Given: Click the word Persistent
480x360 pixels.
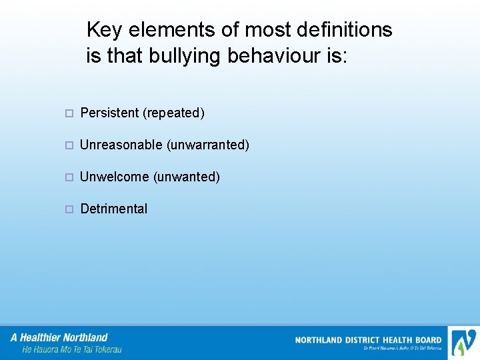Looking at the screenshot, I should pyautogui.click(x=109, y=113).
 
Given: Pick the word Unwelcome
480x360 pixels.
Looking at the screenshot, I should pyautogui.click(x=114, y=177).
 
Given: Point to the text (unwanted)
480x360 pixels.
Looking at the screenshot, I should pyautogui.click(x=187, y=177).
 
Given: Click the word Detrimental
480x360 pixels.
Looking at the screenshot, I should pyautogui.click(x=113, y=209).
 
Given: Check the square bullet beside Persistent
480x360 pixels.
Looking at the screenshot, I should pyautogui.click(x=69, y=113).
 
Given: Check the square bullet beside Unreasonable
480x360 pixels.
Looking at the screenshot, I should pyautogui.click(x=69, y=145).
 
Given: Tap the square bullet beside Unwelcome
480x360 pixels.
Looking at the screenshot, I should pyautogui.click(x=69, y=177).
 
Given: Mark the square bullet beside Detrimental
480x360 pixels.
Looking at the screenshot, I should pyautogui.click(x=69, y=209).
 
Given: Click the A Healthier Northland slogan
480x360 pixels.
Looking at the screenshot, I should pyautogui.click(x=59, y=337).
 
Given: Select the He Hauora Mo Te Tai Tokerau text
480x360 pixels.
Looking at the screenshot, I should pyautogui.click(x=71, y=349).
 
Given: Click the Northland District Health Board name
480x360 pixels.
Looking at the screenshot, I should pyautogui.click(x=368, y=340).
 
